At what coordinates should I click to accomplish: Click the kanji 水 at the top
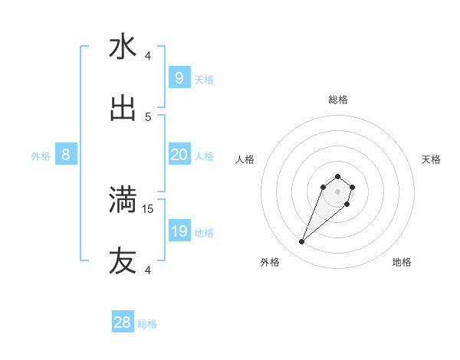pos(123,47)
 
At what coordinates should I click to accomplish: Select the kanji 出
pos(123,109)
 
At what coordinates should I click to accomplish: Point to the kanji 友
pos(123,261)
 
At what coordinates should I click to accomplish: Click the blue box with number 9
pos(179,77)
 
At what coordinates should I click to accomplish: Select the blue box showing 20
pos(179,155)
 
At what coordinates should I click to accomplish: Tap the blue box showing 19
pos(179,231)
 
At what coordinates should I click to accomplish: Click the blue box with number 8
pos(66,155)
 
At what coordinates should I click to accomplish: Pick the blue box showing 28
pos(123,322)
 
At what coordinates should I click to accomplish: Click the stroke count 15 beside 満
pos(149,208)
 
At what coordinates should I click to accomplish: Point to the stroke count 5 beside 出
pos(148,117)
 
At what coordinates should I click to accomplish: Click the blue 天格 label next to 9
pos(204,79)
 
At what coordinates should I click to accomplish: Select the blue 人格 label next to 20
pos(204,156)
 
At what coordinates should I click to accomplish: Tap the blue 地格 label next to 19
pos(204,233)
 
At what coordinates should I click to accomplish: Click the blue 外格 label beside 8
pos(41,156)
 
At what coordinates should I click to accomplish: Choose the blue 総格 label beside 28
pos(147,324)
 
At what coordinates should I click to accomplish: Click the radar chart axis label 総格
pos(338,100)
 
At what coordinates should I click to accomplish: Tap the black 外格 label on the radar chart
pos(270,262)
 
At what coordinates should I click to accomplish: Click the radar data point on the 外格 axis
pos(302,242)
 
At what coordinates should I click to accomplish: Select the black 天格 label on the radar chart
pos(431,159)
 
